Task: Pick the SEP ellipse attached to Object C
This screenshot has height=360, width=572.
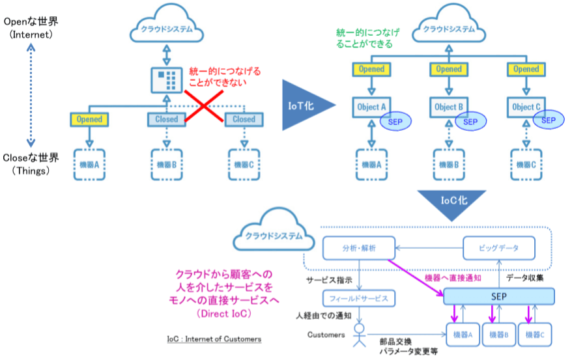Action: pos(549,120)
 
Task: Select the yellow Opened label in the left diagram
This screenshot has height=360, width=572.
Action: pos(90,119)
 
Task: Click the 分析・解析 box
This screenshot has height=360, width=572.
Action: pos(359,248)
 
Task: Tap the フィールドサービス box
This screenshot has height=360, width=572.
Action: pos(359,299)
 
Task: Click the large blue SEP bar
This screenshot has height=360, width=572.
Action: pos(499,296)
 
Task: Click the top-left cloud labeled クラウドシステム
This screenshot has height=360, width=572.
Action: pos(167,29)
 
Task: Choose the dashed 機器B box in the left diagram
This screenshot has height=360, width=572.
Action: pos(167,165)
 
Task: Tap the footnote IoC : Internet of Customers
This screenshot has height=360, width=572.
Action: pos(213,339)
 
